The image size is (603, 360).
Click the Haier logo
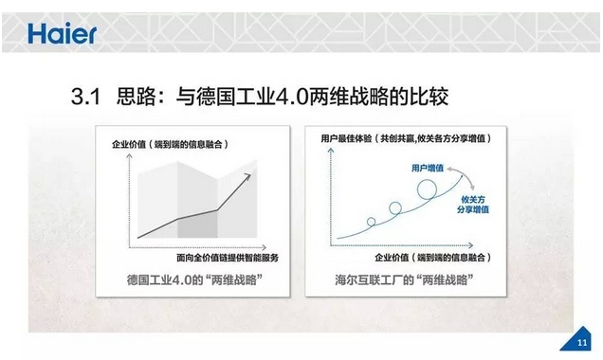pos(62,34)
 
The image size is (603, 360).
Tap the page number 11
pos(582,342)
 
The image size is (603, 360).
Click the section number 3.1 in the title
pos(85,97)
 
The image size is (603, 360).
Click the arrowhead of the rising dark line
pos(247,177)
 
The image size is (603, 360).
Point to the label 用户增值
pos(428,168)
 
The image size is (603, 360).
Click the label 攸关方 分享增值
pos(473,205)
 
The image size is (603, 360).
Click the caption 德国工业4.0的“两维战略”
pos(194,279)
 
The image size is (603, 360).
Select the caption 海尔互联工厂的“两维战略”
pos(404,279)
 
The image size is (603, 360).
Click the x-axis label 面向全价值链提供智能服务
pos(228,258)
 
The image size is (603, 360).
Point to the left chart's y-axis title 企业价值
pos(129,144)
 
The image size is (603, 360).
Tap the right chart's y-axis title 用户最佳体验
pos(346,138)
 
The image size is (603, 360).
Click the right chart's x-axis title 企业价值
pos(392,258)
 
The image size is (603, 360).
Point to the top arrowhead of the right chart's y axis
pos(330,151)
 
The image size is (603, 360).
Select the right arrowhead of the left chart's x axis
pos(264,247)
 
